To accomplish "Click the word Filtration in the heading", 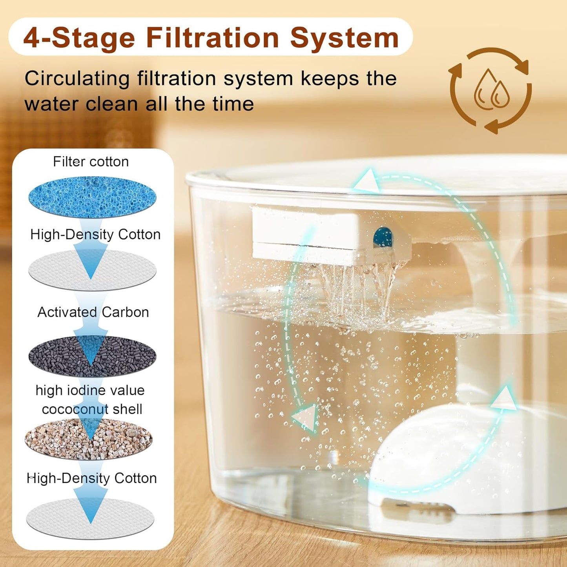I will tap(212, 38).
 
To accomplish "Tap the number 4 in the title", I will tap(32, 38).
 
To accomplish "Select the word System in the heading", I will tap(344, 38).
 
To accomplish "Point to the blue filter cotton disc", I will tap(92, 197).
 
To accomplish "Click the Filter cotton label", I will tap(91, 162).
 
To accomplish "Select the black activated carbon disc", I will tap(92, 356).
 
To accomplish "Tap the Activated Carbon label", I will tap(93, 312).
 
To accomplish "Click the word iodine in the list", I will tap(88, 390).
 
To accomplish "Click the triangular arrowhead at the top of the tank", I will tap(367, 182).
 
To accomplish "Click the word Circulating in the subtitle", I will tap(77, 78).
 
